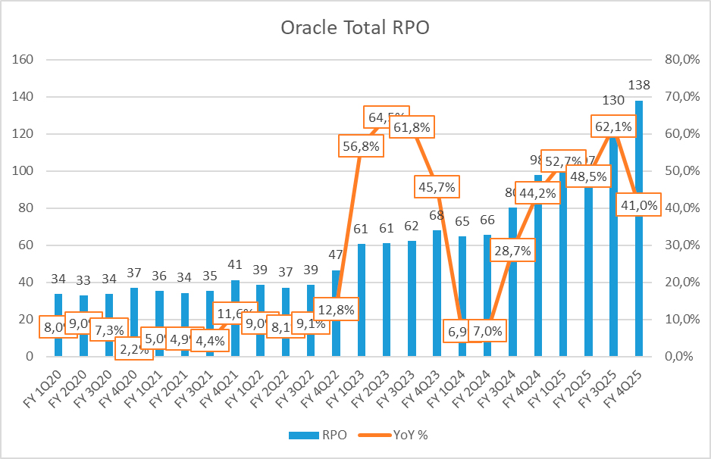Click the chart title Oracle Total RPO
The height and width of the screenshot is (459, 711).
click(x=355, y=28)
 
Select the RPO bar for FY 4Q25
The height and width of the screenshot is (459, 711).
click(x=639, y=227)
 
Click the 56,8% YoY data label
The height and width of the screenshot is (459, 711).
click(x=360, y=146)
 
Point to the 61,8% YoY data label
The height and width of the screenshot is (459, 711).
click(x=411, y=128)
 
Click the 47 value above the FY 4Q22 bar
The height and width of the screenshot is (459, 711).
click(x=336, y=254)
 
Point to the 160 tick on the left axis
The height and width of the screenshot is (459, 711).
click(x=27, y=59)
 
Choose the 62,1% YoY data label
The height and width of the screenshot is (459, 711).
click(x=612, y=128)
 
